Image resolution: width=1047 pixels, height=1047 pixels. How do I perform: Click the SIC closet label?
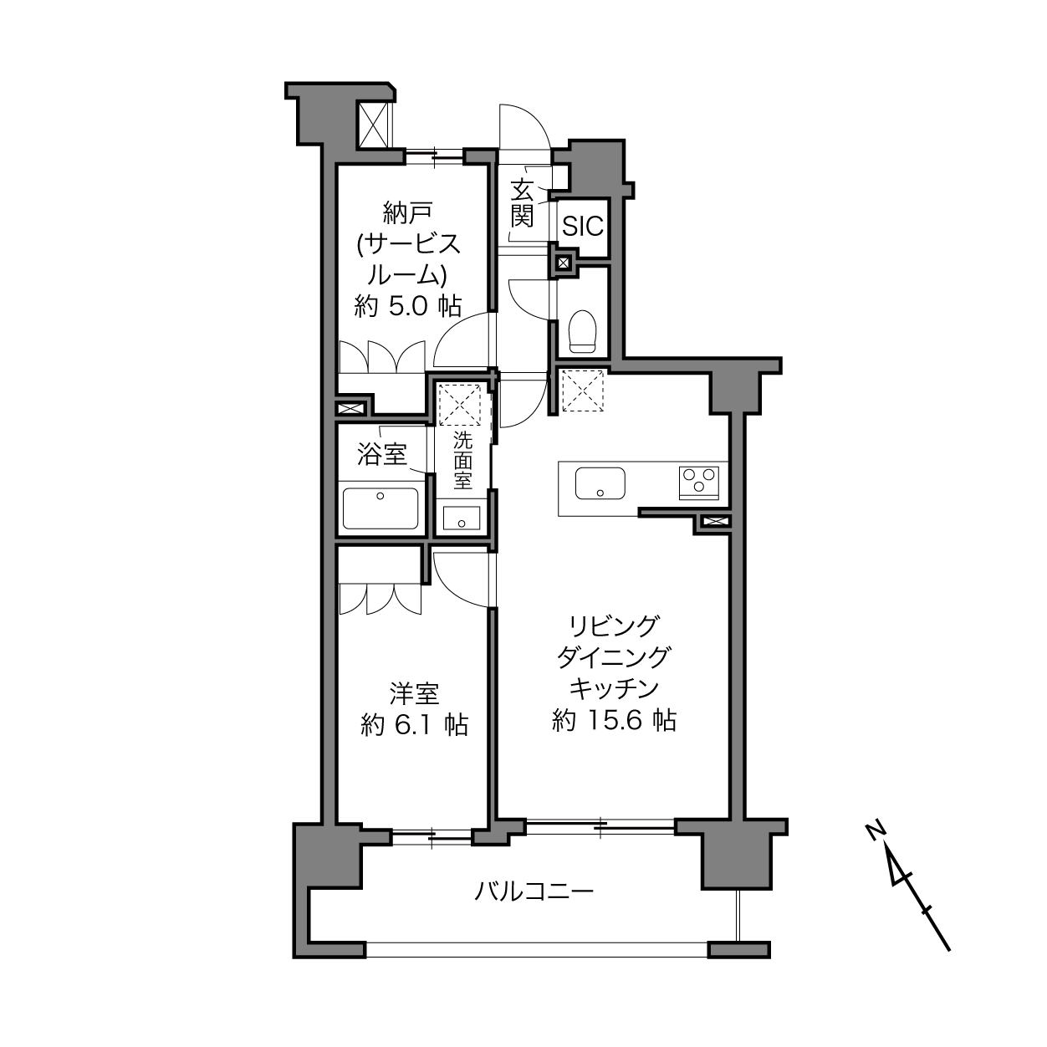[582, 226]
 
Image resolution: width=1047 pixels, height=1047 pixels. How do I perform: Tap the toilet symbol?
[582, 331]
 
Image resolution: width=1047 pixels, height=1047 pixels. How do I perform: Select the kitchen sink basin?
[600, 483]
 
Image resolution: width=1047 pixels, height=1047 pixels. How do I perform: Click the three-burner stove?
[699, 483]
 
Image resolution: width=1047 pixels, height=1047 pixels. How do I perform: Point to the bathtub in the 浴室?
[380, 508]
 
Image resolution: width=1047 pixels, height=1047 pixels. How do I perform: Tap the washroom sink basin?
[462, 518]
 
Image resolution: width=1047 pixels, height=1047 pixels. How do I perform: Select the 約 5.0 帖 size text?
[407, 306]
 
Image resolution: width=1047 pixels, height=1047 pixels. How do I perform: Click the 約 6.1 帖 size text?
[414, 725]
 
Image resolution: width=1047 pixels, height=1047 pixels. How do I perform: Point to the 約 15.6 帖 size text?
[614, 721]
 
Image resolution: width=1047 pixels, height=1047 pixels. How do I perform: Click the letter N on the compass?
[876, 831]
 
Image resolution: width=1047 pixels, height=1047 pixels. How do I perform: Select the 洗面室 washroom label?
[462, 461]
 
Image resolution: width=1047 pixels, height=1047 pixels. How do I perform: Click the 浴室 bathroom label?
[382, 454]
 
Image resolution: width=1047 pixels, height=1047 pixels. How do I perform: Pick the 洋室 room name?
[414, 694]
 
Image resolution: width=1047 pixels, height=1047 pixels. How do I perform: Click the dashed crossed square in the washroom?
[460, 405]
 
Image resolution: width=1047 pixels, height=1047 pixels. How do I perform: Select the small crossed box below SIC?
[564, 263]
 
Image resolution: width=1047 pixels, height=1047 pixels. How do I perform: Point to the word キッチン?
[614, 689]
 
